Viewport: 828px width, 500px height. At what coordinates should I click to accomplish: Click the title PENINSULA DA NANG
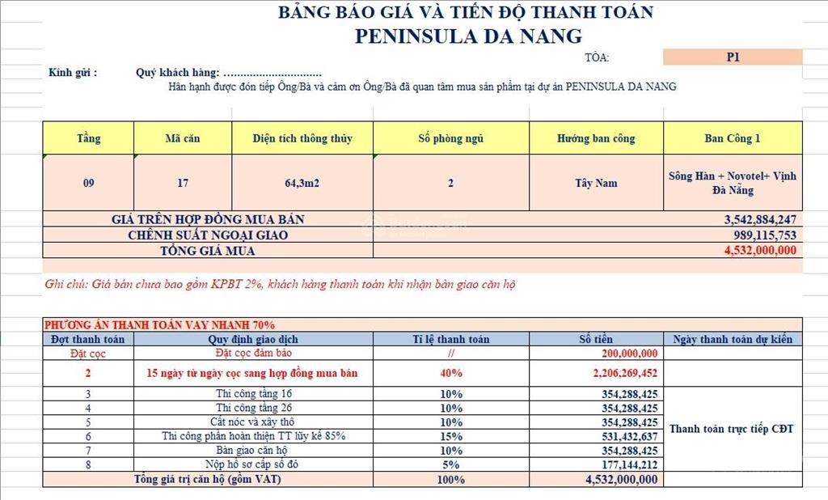468,36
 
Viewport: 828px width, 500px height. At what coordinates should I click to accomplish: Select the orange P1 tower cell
733,57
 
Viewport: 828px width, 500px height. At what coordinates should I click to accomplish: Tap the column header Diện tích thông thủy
302,138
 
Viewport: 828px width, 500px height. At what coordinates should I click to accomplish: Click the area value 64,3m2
302,183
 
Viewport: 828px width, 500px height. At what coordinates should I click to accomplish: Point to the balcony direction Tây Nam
596,183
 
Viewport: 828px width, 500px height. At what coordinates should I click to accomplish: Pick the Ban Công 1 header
733,138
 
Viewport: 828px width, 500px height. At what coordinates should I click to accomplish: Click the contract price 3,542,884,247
761,219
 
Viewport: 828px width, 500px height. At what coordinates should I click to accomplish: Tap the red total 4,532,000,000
760,250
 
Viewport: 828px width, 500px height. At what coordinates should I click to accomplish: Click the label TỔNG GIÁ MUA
208,250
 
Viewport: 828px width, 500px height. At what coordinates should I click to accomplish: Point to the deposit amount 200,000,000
630,354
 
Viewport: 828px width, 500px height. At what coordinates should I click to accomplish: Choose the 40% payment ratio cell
451,373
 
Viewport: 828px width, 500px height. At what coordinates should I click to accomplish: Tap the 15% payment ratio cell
451,436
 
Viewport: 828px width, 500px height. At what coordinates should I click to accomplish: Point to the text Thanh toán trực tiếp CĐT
732,429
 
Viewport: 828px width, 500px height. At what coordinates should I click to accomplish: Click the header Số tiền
596,339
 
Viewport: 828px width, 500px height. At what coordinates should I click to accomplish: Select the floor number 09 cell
88,183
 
